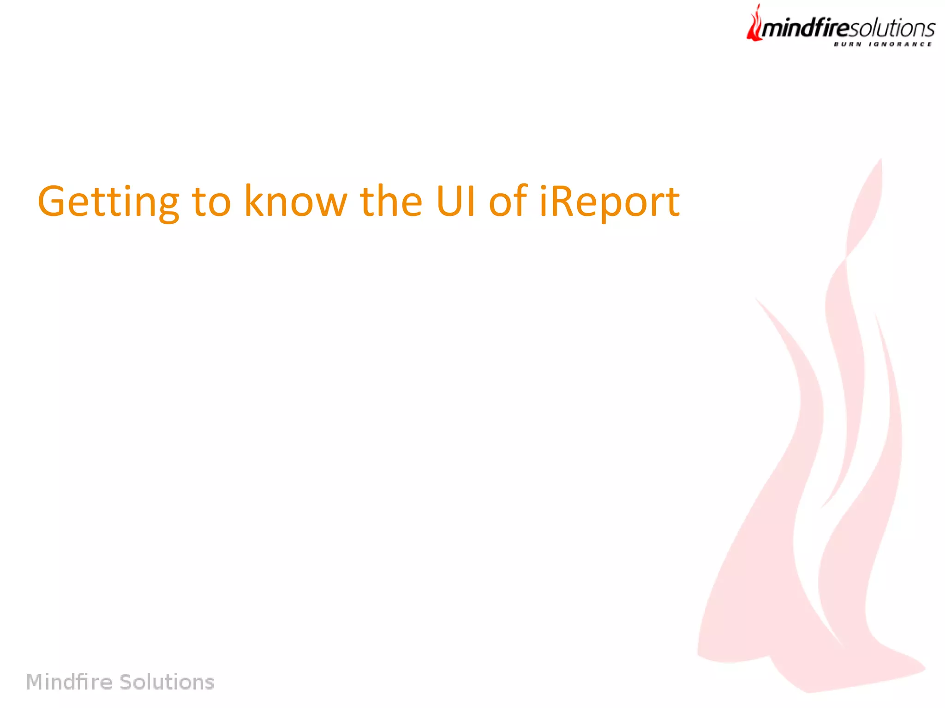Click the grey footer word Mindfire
[69, 682]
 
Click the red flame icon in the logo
[754, 25]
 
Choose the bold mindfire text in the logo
[805, 29]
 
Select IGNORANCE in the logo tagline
[900, 44]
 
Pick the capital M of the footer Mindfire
[35, 682]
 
